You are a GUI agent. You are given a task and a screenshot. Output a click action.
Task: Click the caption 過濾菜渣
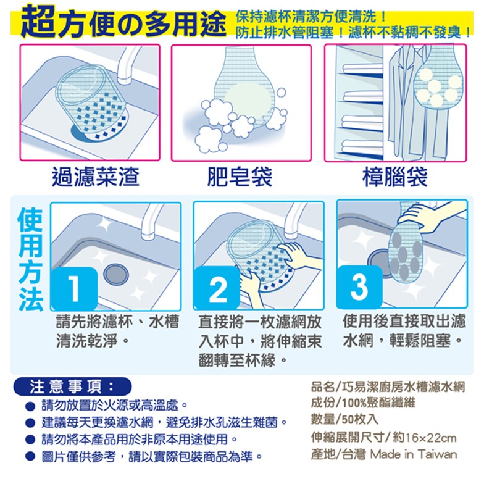95,177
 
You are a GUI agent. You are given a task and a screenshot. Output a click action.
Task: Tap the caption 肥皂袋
240,177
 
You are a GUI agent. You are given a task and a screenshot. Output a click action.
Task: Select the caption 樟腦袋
395,177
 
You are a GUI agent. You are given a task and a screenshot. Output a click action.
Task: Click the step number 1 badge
74,288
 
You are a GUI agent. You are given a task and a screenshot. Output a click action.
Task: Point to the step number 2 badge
217,288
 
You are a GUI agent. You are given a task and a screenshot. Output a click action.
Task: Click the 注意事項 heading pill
72,386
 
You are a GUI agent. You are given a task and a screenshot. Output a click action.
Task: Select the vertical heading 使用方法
30,259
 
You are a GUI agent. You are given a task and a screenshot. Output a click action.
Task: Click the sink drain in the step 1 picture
116,274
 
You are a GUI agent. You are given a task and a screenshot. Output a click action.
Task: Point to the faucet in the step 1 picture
151,222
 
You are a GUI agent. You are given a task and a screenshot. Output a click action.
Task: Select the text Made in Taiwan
414,454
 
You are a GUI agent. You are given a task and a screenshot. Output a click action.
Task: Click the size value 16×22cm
431,437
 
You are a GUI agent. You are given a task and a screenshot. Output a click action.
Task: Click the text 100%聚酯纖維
378,403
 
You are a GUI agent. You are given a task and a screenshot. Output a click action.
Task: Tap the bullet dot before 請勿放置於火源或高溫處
30,406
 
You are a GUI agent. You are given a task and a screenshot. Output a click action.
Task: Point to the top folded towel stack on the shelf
362,69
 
